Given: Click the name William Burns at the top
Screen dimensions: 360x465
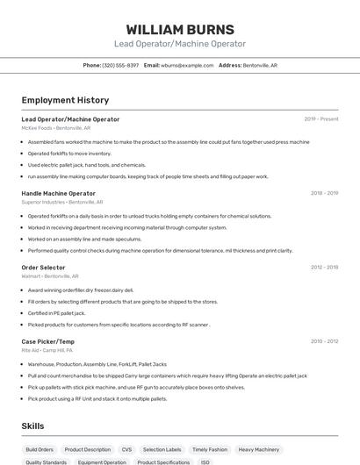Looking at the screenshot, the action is pos(179,29).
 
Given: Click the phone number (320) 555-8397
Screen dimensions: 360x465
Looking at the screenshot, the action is pos(120,65).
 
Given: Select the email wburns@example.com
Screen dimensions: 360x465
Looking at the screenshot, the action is pos(187,65).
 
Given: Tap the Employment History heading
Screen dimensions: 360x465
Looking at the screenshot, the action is pos(65,100).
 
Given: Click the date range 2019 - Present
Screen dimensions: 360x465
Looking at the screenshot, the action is pos(321,119).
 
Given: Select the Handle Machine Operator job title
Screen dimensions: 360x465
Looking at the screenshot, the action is pos(58,193).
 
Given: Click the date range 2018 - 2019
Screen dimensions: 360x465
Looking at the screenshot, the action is pos(324,193).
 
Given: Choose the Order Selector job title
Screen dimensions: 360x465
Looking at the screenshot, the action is pos(43,267).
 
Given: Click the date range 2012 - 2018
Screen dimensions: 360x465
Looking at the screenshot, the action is pos(324,267).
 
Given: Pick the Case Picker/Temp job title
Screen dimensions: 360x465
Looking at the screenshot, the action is pos(48,340).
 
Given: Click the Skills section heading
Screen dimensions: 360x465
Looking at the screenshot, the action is pos(33,426).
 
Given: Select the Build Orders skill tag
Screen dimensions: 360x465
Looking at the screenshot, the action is pos(40,449).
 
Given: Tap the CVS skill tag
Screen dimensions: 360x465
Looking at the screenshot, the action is pos(126,449).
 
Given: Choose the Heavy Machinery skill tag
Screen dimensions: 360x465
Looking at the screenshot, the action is pos(258,449).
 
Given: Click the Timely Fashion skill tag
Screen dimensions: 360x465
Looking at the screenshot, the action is pos(209,449).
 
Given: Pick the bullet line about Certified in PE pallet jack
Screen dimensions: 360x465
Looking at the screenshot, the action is pos(56,312).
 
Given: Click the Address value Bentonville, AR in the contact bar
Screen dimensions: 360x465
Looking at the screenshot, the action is pos(260,65).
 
